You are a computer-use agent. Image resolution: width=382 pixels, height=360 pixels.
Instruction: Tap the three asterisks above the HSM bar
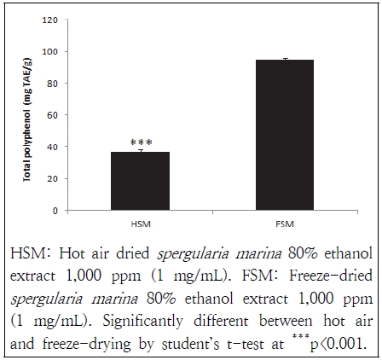[140, 143]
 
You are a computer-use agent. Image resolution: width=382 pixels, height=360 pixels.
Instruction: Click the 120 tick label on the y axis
[52, 20]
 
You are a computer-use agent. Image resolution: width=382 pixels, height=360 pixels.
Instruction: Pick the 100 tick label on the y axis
[52, 52]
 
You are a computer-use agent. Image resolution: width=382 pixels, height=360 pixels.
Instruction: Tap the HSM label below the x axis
[141, 224]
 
